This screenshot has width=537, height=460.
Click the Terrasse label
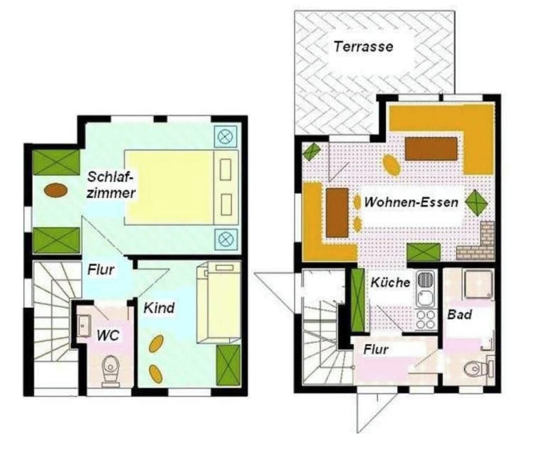363,46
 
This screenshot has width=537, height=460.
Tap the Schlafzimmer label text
111,185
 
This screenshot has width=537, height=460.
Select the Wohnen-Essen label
411,202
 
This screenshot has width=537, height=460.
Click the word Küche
390,283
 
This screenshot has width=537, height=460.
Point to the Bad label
459,315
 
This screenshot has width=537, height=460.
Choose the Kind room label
159,308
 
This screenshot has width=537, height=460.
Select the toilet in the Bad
474,368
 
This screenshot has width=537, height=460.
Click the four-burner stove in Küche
426,319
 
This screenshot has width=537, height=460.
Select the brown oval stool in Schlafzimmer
56,190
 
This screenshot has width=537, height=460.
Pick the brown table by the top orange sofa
431,149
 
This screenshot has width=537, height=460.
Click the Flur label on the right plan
376,350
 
